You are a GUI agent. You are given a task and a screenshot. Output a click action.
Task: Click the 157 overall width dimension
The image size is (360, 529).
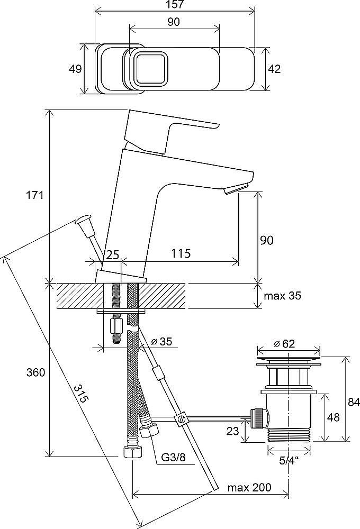pos(175,5)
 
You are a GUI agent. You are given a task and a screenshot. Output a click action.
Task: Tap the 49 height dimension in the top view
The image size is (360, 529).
pos(75,69)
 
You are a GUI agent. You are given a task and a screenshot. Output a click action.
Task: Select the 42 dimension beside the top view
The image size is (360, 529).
pos(274,69)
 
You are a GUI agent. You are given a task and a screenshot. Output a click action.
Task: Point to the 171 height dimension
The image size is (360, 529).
pos(35,195)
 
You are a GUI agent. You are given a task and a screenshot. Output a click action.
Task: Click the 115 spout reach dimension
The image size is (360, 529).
pos(181,253)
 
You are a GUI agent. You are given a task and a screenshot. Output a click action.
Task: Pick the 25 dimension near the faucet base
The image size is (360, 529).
pos(113,254)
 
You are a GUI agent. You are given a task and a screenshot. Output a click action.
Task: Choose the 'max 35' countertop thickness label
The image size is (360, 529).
pos(282,296)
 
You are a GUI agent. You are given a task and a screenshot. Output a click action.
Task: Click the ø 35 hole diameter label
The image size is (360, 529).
pos(162,341)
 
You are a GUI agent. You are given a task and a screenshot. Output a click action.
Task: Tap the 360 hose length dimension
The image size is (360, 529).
pos(36,372)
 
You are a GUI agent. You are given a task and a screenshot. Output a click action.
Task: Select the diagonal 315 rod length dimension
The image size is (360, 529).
pos(82,394)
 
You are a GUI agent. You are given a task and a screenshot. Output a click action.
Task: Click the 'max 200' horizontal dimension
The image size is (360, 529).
pos(249,488)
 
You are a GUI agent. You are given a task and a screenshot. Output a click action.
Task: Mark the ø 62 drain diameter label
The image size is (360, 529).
pos(284,344)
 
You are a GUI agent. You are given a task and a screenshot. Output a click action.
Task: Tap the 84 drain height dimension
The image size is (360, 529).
pos(354,403)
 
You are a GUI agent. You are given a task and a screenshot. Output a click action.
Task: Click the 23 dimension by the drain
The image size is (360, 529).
pos(233,431)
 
